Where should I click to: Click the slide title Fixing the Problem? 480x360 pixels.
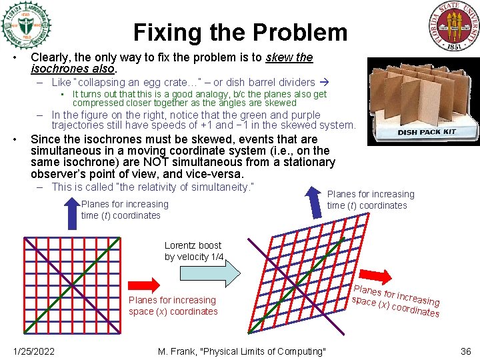tap(240, 32)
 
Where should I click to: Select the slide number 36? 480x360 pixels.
tap(465, 351)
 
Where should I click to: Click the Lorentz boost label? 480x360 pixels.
tap(194, 251)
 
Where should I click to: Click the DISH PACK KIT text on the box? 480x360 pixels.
tap(427, 131)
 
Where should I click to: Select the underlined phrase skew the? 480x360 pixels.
tap(289, 57)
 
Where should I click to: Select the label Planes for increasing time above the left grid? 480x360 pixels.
tap(124, 209)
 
